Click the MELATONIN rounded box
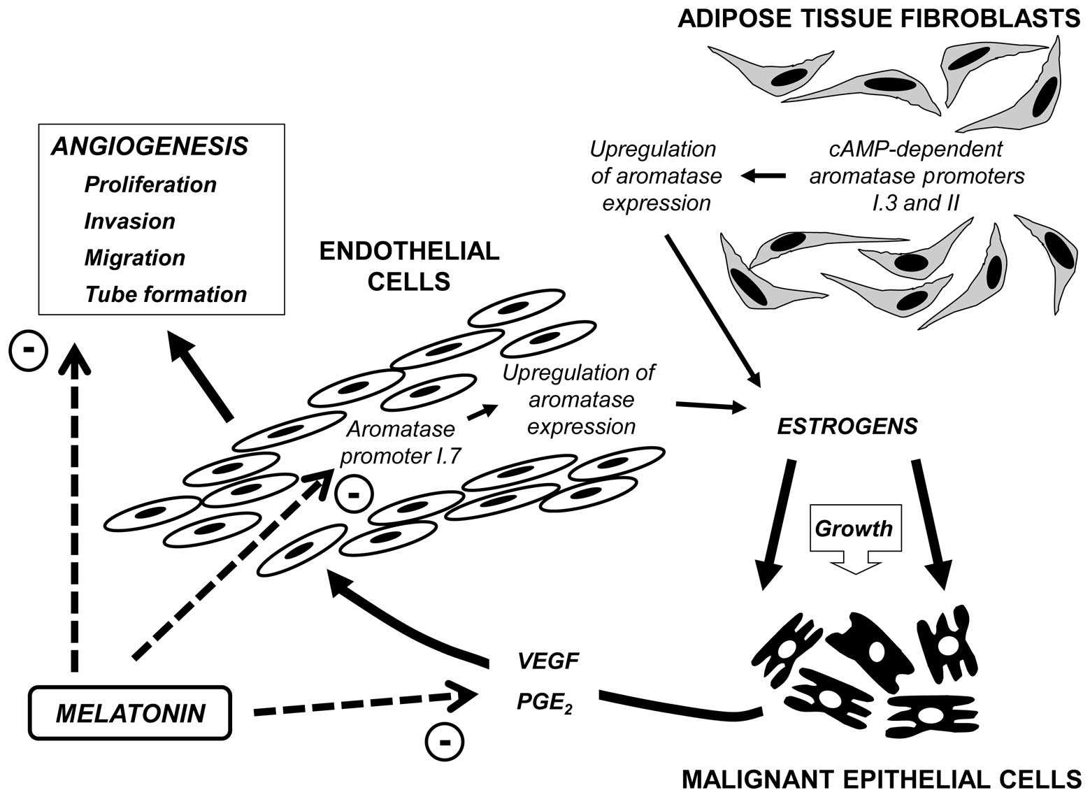[130, 713]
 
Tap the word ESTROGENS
[847, 426]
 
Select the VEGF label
[548, 661]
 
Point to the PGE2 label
[545, 703]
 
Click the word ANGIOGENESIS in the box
[150, 146]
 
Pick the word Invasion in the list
[129, 222]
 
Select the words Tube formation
[166, 294]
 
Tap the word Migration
[135, 258]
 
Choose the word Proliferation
[150, 185]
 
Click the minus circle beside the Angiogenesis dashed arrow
[28, 351]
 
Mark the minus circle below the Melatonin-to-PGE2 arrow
[444, 742]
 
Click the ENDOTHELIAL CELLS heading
[409, 266]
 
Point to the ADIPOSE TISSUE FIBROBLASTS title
[879, 19]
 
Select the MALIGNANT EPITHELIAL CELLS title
[881, 780]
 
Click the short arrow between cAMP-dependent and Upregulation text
[763, 175]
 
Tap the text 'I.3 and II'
[916, 203]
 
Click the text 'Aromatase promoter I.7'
[400, 443]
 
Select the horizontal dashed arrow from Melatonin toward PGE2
[365, 704]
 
